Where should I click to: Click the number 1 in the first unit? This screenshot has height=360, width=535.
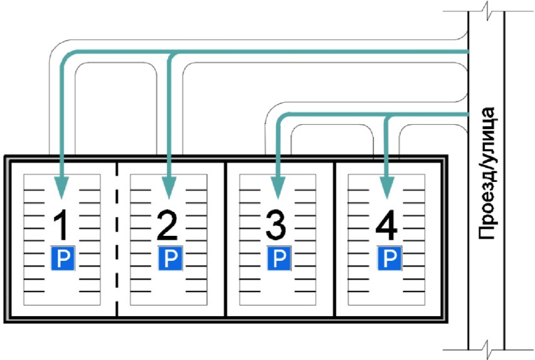click(61, 226)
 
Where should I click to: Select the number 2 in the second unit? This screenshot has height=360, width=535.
click(167, 226)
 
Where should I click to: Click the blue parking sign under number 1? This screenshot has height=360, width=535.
click(63, 258)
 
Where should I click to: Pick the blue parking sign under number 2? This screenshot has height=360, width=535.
click(169, 258)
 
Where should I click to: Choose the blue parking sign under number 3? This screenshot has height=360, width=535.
click(279, 258)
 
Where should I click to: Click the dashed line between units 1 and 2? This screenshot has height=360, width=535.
click(117, 238)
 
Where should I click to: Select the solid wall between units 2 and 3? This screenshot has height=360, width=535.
click(225, 238)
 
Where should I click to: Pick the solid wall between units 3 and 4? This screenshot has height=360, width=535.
click(334, 238)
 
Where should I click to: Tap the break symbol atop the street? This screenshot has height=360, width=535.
click(487, 12)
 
